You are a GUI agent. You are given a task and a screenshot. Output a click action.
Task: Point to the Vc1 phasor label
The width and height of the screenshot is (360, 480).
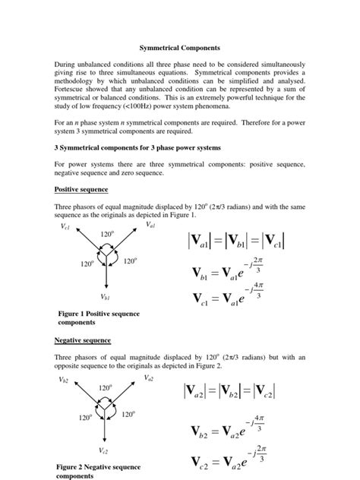(65, 226)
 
